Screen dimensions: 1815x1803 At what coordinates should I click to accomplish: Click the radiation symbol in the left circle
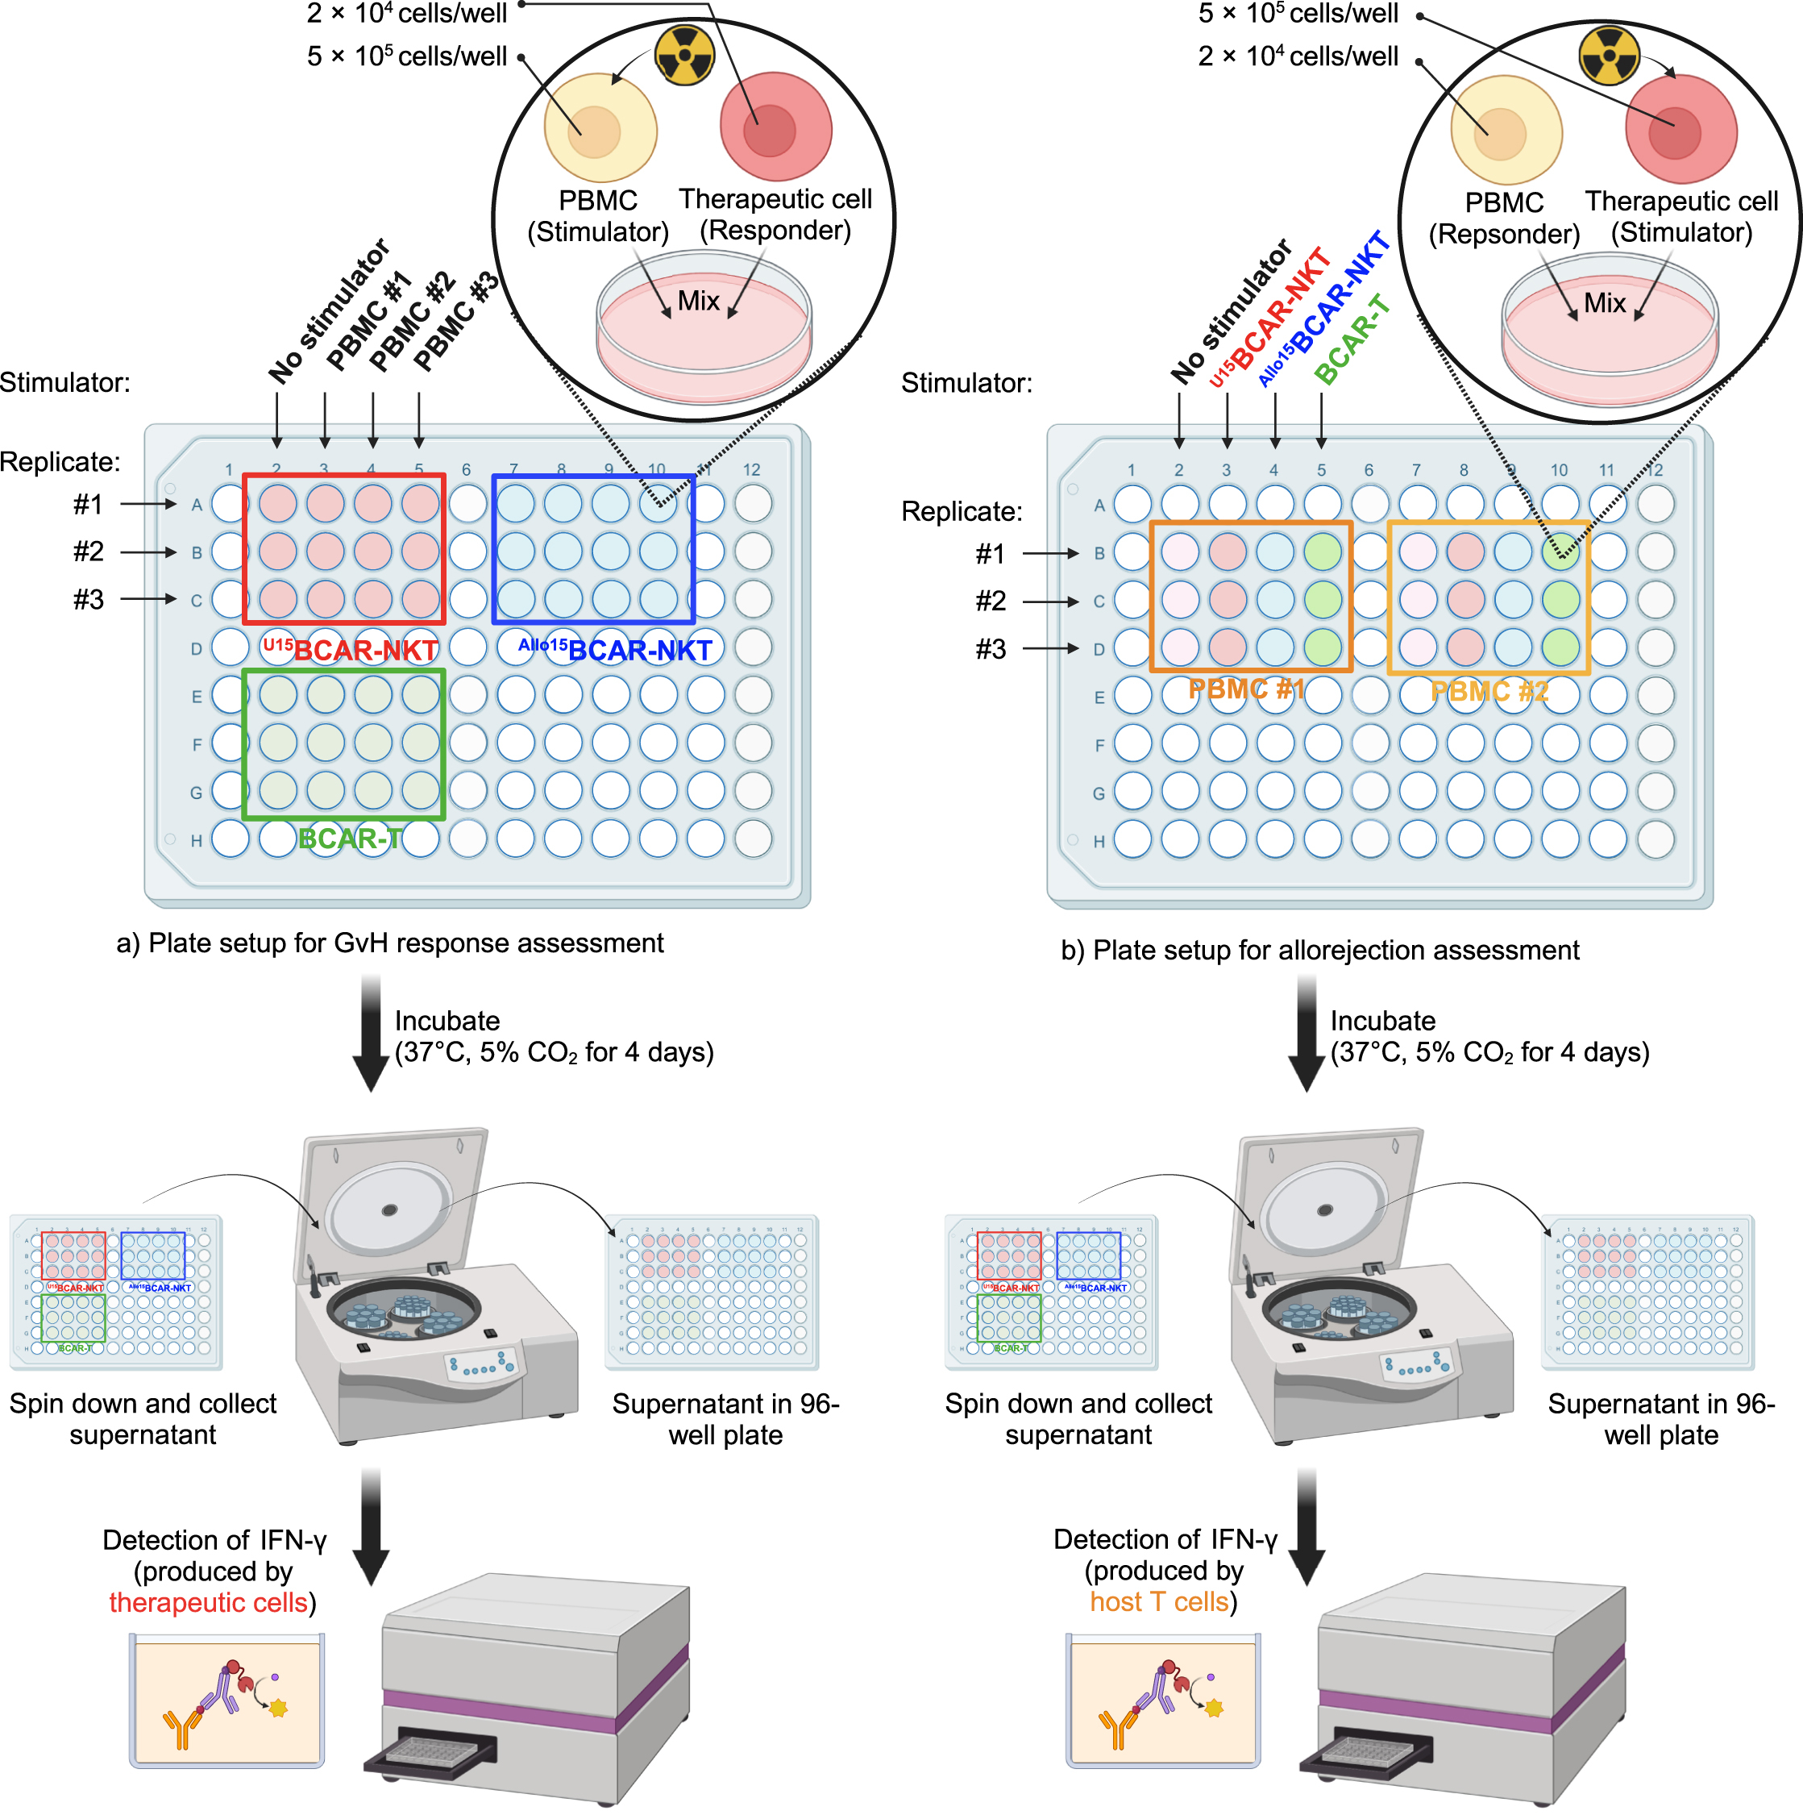[x=683, y=55]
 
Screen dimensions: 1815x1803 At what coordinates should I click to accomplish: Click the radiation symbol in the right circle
[x=1609, y=55]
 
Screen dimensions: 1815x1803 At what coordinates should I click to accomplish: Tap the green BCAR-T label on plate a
[x=351, y=838]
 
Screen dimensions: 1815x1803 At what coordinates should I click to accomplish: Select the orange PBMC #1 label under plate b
[x=1246, y=689]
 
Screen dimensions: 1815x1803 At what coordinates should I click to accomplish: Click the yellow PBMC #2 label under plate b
[x=1489, y=693]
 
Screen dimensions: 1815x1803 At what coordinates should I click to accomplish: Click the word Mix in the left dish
[x=698, y=301]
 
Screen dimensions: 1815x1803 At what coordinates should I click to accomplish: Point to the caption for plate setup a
[x=390, y=943]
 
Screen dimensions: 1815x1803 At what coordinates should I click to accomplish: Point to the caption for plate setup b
[x=1319, y=951]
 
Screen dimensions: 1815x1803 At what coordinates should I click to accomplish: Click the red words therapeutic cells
[x=209, y=1603]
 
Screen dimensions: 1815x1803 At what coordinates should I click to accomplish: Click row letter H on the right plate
[x=1099, y=842]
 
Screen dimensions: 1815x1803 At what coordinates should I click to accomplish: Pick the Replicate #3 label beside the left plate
[x=89, y=599]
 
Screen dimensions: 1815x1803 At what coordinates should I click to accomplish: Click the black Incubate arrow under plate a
[x=371, y=1034]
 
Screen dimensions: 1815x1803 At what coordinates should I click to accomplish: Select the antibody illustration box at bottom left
[x=226, y=1701]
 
